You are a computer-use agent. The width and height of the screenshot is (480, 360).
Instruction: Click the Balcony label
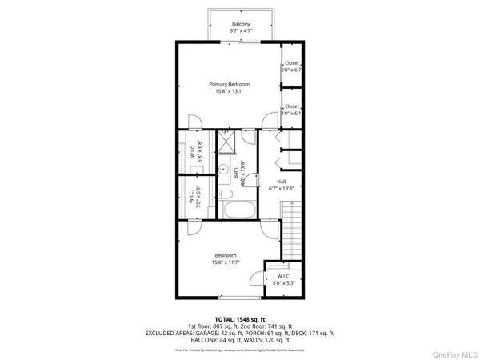coord(241,24)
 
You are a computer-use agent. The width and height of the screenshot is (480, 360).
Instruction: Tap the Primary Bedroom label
coord(230,84)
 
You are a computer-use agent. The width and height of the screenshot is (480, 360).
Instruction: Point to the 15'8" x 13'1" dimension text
coord(230,91)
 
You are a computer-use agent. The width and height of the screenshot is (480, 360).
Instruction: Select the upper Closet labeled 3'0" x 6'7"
coord(291,66)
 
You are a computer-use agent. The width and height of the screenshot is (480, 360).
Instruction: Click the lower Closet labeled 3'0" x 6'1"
coord(291,110)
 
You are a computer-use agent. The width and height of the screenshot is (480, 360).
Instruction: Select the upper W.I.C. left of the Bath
coord(192,152)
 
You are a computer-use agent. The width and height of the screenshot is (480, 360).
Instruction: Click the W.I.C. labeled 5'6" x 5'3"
coord(283,280)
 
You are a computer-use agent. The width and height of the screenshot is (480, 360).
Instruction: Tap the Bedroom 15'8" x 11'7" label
coord(225,258)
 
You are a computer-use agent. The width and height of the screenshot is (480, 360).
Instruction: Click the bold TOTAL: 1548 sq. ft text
coord(240,319)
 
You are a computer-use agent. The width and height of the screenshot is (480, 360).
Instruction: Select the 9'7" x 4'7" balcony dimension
coord(241,32)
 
